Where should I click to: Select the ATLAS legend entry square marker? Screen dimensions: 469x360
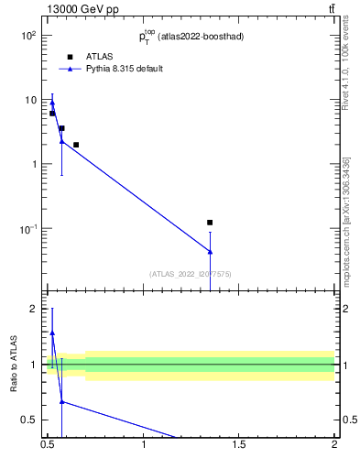tap(70, 57)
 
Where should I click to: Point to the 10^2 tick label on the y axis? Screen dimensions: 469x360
tap(27, 35)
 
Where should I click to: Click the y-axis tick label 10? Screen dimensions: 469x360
tap(29, 99)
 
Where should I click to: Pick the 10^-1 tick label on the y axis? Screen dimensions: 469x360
tap(27, 228)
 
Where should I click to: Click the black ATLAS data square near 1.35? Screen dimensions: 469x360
tap(210, 223)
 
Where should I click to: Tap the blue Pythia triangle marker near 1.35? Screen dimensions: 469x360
tap(210, 252)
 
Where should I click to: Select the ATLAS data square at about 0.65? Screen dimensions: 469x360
tap(76, 145)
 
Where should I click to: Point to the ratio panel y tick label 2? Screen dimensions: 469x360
tap(33, 309)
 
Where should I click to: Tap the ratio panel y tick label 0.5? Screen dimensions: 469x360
tap(28, 420)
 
